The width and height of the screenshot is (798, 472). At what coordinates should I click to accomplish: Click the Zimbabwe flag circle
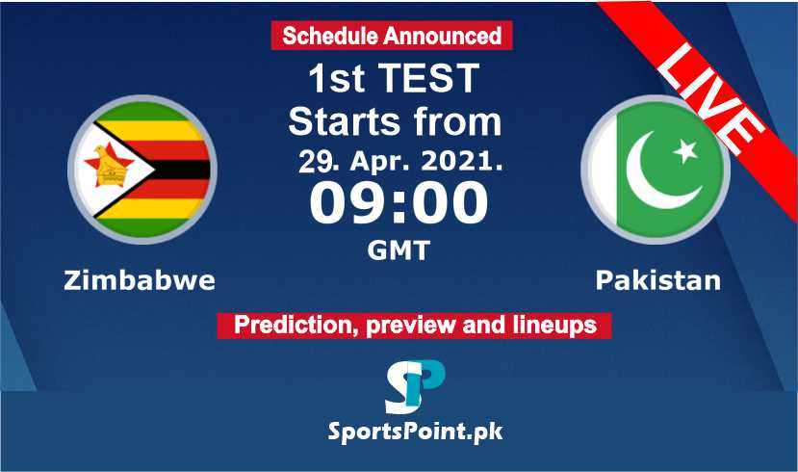[142, 170]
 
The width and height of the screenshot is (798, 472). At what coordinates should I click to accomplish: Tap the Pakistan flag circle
[656, 170]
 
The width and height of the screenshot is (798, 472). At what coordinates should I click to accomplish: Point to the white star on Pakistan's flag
[685, 150]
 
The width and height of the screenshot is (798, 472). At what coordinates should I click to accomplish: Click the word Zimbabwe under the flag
[140, 280]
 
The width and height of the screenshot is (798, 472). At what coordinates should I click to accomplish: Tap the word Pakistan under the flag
[658, 280]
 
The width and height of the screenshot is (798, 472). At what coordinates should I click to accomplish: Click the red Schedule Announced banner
[392, 36]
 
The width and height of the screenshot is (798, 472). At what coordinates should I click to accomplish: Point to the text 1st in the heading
[337, 78]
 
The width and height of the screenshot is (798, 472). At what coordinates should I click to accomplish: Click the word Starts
[344, 121]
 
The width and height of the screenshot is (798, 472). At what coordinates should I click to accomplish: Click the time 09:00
[399, 202]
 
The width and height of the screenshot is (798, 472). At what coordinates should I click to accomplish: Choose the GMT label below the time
[399, 250]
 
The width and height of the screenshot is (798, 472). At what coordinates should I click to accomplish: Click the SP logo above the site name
[415, 386]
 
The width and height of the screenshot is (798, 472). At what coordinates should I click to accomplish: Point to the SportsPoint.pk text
[415, 433]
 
